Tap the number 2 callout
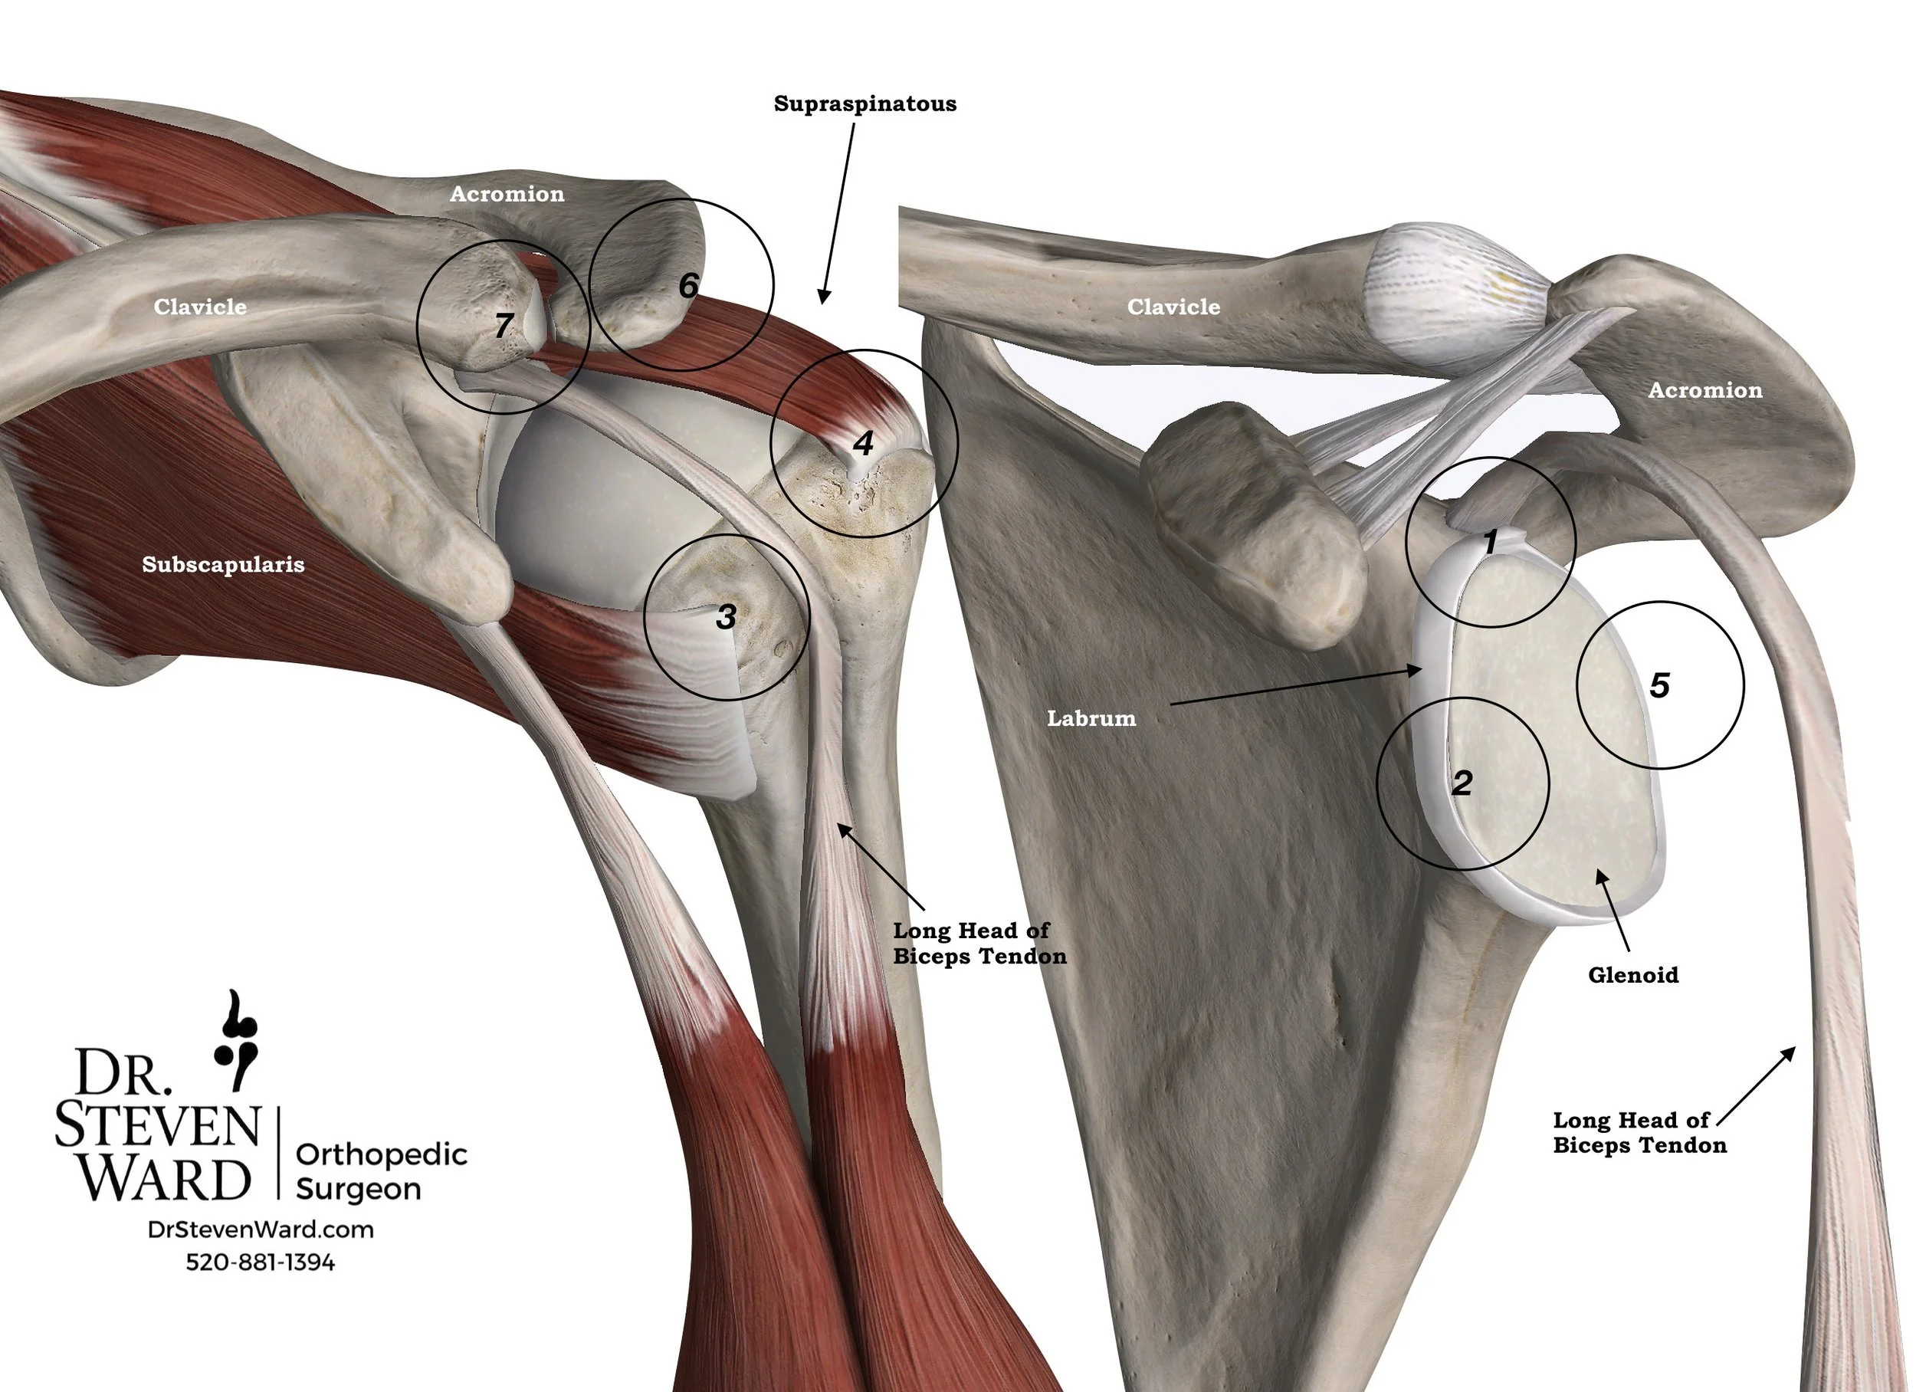click(1462, 783)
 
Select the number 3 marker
click(726, 618)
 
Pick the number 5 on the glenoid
click(1659, 685)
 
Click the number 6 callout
click(688, 286)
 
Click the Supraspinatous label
click(865, 104)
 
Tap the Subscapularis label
click(223, 565)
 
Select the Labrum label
click(1091, 718)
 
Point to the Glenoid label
click(1633, 975)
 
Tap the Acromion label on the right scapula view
click(1704, 390)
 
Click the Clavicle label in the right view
click(1173, 307)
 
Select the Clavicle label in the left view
click(200, 307)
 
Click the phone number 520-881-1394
click(261, 1262)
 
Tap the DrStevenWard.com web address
click(261, 1229)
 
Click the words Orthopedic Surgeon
click(381, 1171)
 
